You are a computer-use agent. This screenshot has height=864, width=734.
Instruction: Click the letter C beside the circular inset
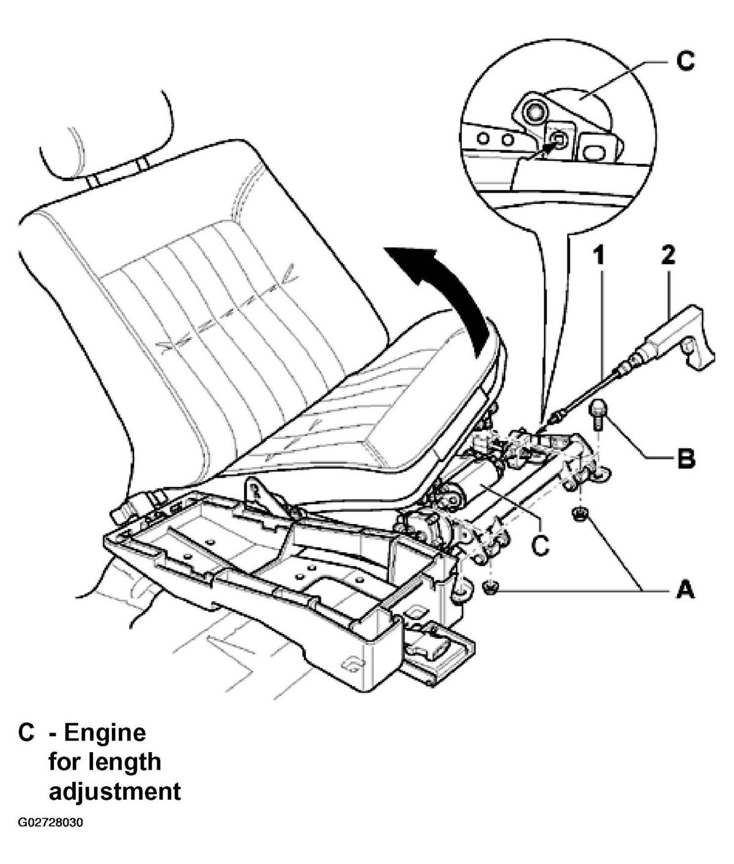pos(686,61)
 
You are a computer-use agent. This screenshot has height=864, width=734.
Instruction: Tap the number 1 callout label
pos(599,256)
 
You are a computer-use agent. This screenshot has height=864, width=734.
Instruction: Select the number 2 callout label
pos(668,255)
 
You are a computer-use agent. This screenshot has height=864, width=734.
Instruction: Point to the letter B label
pos(686,459)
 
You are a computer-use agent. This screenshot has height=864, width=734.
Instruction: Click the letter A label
pos(686,591)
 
